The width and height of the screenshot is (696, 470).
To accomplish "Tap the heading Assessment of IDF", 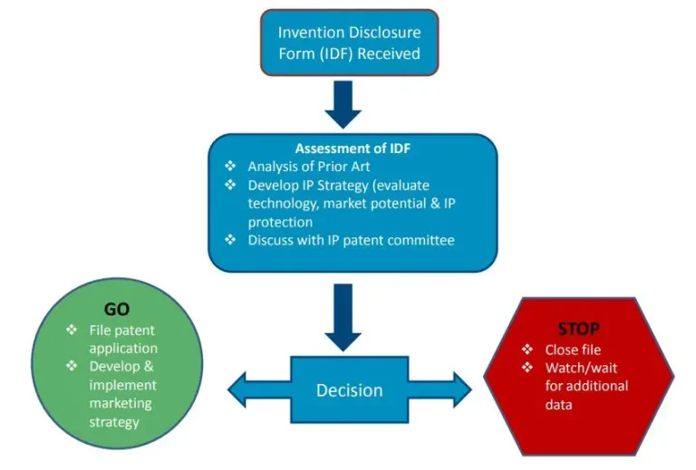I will [x=353, y=149].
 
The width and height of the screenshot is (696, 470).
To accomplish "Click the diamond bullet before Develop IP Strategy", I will [x=230, y=186].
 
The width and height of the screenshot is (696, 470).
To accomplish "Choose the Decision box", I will [x=349, y=390].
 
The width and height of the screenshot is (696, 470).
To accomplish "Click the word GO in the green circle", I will [x=118, y=310].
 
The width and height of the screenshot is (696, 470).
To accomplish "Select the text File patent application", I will [x=122, y=340].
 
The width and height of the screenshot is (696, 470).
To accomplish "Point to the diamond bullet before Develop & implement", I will [x=71, y=366].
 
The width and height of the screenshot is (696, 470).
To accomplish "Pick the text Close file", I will [x=573, y=350].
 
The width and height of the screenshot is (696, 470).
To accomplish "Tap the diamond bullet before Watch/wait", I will [x=527, y=369].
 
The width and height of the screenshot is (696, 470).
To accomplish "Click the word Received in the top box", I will [x=389, y=53].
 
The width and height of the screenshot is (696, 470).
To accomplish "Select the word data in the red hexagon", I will [x=558, y=405].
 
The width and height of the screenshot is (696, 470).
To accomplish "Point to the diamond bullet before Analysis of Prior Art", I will [x=230, y=167].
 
